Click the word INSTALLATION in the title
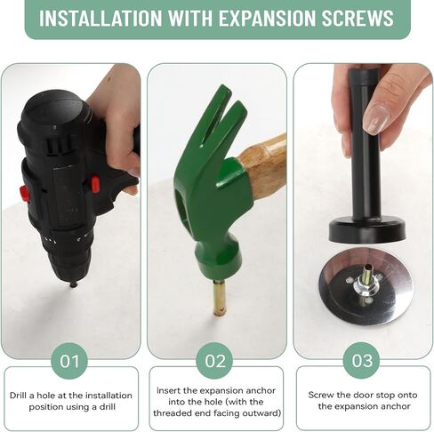pos(100,18)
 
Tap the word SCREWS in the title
pos(358,18)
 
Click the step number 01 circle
pos(69,361)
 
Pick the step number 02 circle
pos(214,361)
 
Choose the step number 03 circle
pos(361,360)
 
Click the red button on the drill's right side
pos(95,184)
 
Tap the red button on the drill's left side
pos(24,193)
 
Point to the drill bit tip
pos(73,285)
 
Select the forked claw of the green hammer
pos(220,118)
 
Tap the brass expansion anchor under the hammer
pos(220,298)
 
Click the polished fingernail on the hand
pos(376,117)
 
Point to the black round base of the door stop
pos(367,232)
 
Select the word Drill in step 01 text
pos(18,396)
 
